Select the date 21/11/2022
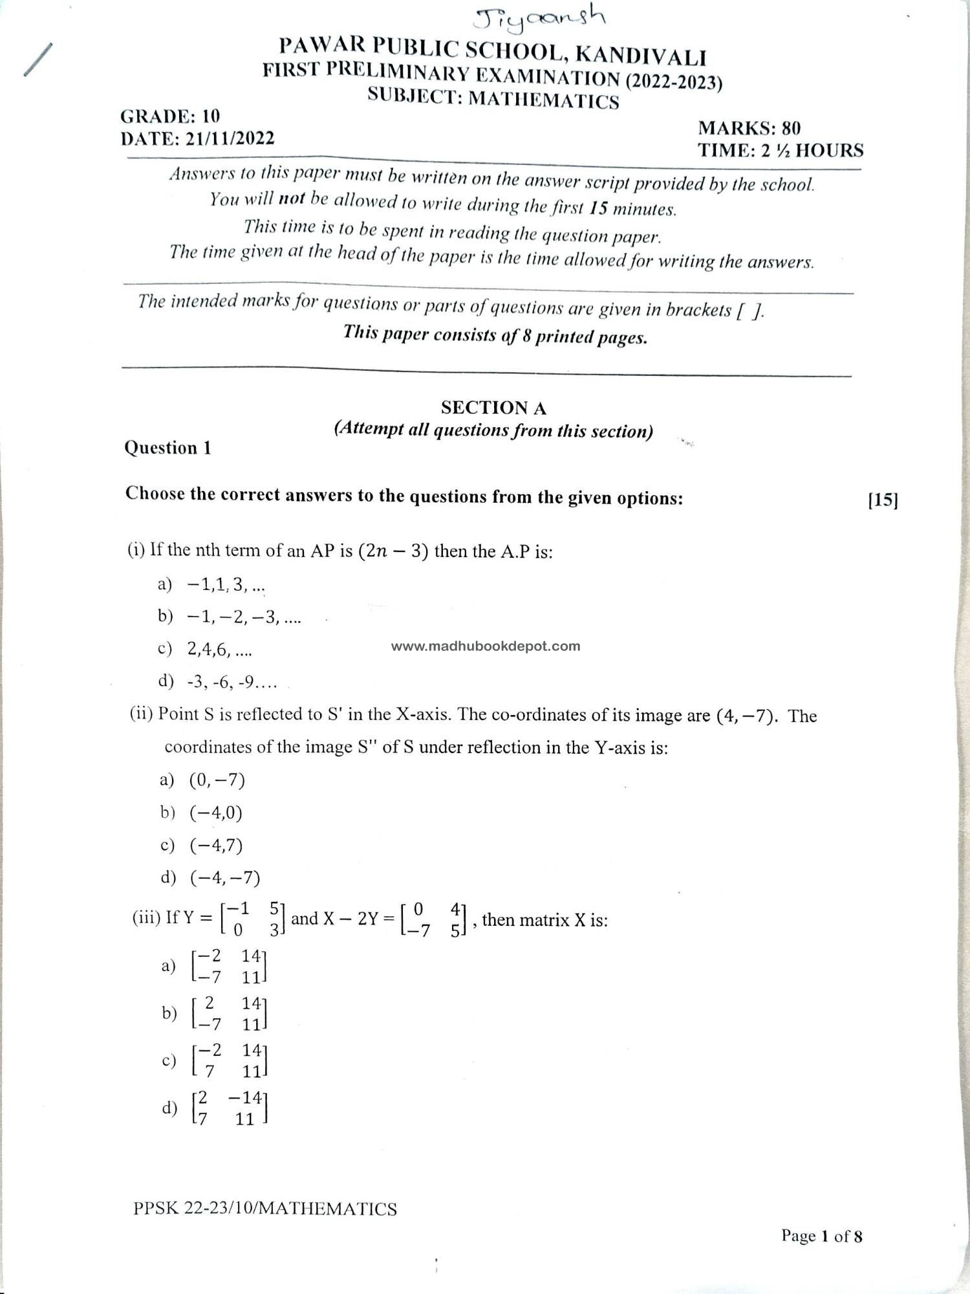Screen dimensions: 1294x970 pyautogui.click(x=230, y=138)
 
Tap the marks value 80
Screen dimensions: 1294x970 pyautogui.click(x=790, y=128)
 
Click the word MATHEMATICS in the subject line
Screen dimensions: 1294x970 pyautogui.click(x=543, y=100)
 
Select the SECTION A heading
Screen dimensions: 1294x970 pyautogui.click(x=493, y=408)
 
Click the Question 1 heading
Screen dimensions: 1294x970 pyautogui.click(x=167, y=448)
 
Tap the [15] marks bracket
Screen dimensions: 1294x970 pyautogui.click(x=883, y=499)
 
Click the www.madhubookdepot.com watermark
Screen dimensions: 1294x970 pyautogui.click(x=486, y=646)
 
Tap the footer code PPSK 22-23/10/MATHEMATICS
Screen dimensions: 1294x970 pyautogui.click(x=265, y=1209)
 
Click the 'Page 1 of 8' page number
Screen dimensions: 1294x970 pyautogui.click(x=821, y=1236)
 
